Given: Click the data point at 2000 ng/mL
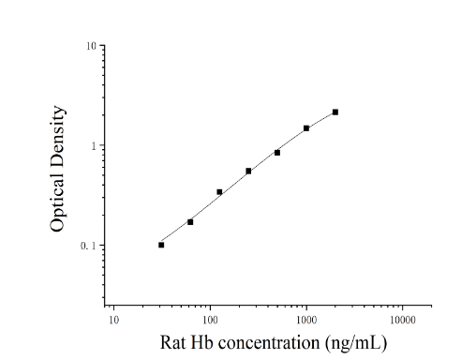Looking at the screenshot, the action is [335, 112].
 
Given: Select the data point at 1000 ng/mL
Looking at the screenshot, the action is [306, 128].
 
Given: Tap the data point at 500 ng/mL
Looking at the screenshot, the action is [277, 153].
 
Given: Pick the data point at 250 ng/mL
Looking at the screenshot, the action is [248, 172].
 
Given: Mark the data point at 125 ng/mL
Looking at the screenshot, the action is [219, 192].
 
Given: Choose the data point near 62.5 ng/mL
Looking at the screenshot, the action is [190, 222].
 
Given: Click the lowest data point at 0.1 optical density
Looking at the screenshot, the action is [161, 245].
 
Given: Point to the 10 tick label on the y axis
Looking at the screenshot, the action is [91, 47].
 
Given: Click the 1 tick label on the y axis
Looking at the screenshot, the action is [93, 146].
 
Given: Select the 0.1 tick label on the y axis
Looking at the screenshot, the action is [88, 246].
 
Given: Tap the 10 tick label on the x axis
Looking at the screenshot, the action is [113, 321].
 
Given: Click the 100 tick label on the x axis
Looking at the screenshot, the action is [210, 321].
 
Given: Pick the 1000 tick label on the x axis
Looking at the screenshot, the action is [306, 321].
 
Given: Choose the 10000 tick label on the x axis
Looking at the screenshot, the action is [403, 321].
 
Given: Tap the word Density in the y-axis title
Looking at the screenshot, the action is [57, 136].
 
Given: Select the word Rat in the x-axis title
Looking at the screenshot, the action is [172, 342].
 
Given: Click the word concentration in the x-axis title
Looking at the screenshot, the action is [269, 343].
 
